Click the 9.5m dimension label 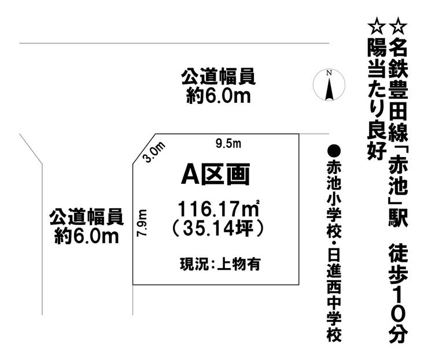coord(228,143)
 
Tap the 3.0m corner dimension coord(154,152)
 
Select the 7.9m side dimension coord(142,223)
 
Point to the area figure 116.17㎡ coord(219,209)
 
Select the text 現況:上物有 coord(220,263)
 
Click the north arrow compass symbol coord(329,85)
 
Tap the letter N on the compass coord(329,73)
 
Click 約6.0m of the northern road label coord(219,96)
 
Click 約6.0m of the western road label coord(87,236)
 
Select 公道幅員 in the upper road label coord(219,77)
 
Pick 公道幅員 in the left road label coord(87,217)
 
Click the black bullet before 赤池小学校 coord(334,151)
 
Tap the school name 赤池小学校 coord(334,200)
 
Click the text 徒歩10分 coord(398,294)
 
